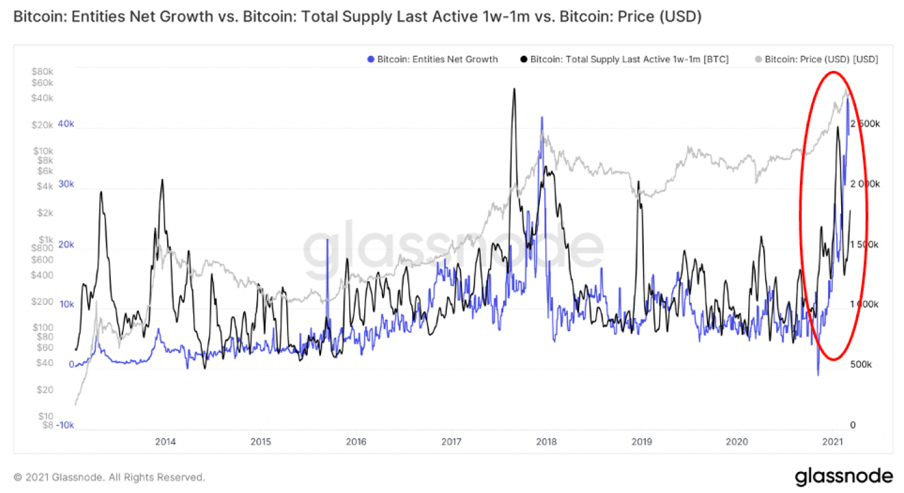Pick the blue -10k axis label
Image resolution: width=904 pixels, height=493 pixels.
pos(64,425)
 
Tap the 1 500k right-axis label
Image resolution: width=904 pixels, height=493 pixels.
pos(865,244)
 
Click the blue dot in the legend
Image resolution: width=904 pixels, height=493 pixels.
pos(371,59)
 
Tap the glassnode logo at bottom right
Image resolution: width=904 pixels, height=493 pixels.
pos(844,476)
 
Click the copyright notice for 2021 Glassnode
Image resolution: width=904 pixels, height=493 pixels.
pos(109,477)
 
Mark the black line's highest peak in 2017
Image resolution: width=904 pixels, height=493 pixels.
pos(514,89)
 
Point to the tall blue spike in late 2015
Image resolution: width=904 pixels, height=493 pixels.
pos(327,240)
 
